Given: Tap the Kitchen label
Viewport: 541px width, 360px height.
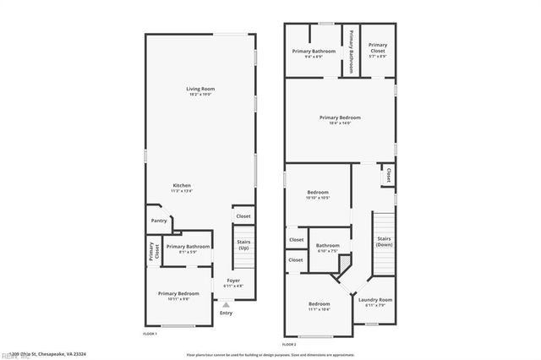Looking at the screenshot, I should (183, 185).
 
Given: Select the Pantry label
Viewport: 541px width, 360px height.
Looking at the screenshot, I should (159, 221).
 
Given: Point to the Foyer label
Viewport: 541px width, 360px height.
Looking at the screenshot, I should (232, 280).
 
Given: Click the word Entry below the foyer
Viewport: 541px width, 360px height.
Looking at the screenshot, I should (226, 314).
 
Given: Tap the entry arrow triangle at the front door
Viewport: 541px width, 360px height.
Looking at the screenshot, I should (226, 305).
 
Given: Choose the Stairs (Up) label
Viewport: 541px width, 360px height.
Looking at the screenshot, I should (243, 244).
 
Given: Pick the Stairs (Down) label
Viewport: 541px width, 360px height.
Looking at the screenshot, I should (384, 243).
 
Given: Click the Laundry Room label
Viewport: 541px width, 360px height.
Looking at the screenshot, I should (375, 300).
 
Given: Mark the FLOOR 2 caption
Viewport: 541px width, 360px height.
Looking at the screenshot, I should (289, 345).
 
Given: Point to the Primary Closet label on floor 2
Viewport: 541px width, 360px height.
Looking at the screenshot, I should (378, 47).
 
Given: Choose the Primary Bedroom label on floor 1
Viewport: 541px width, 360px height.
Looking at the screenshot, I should (178, 293).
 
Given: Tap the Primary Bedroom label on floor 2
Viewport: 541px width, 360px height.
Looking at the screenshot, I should (340, 117).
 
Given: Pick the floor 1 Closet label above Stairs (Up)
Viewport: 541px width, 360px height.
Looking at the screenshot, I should (243, 216).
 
